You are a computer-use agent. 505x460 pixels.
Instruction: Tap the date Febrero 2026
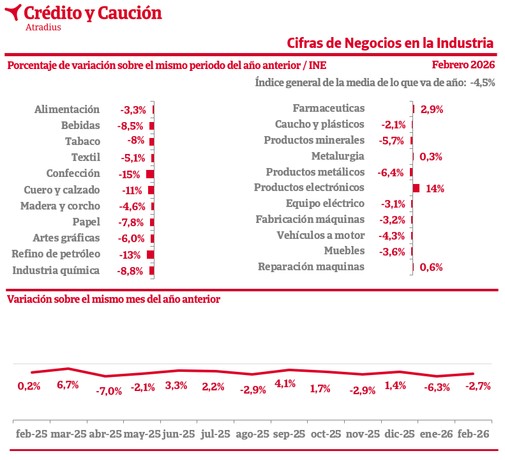click(463, 65)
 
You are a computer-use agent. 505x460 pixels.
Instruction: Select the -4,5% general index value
click(482, 82)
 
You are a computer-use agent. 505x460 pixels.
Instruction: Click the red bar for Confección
click(150, 174)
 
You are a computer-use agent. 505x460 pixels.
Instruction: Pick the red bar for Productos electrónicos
click(416, 188)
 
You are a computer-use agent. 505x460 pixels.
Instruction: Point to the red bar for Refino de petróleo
click(151, 254)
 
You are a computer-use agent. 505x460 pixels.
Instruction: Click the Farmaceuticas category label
click(328, 109)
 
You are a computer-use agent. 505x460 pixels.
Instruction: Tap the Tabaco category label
click(82, 141)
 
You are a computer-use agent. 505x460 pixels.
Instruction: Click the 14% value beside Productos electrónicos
click(435, 188)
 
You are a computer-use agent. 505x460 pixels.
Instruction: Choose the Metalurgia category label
click(338, 156)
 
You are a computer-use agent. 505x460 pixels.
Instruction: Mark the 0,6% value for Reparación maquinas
click(432, 267)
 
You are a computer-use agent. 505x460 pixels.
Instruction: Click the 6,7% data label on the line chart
click(68, 385)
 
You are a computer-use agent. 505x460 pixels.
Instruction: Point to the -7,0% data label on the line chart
click(109, 391)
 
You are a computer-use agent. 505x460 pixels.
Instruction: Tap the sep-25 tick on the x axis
click(289, 434)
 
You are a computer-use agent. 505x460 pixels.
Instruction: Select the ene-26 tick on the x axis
click(436, 434)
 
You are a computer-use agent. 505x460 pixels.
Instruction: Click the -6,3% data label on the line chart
click(437, 387)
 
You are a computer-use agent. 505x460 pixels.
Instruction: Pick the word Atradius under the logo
click(43, 27)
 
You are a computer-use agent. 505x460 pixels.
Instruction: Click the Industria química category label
click(56, 270)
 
